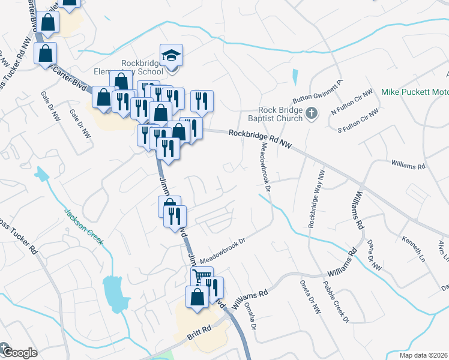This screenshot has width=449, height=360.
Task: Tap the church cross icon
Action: click(311, 113)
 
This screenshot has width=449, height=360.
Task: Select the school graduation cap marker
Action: click(172, 56)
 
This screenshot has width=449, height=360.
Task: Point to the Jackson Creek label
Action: click(83, 226)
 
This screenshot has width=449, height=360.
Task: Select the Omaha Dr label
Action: click(250, 317)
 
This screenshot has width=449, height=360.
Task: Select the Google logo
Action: click(18, 352)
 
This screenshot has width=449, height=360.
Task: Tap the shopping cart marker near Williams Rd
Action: click(202, 277)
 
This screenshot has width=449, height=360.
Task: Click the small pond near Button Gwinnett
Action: click(295, 77)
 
